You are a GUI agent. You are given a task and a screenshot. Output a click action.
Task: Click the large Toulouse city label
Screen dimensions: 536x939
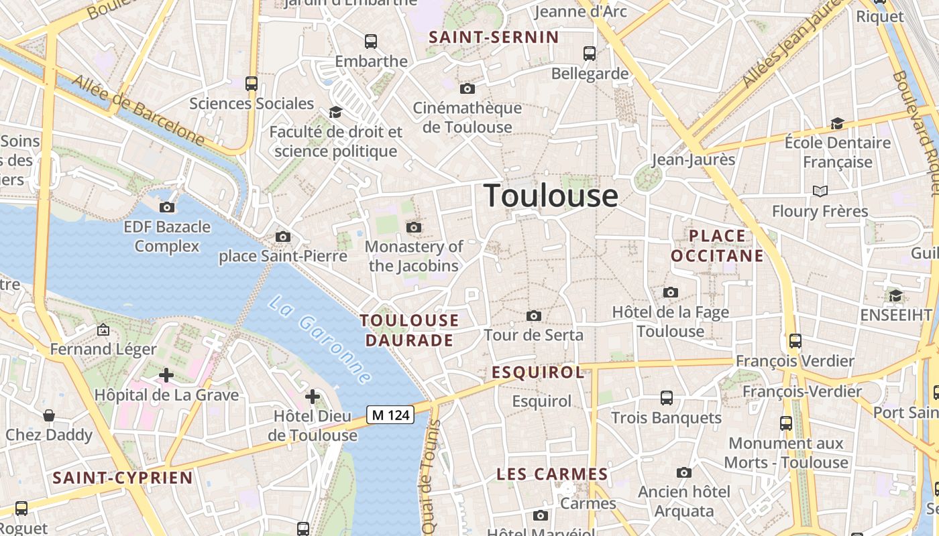point(551,196)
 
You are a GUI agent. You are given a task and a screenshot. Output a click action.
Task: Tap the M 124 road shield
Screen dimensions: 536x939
point(390,415)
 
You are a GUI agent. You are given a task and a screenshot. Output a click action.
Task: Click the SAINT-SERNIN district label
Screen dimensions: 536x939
point(494,37)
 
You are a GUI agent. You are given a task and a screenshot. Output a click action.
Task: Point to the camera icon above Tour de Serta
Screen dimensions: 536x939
point(534,316)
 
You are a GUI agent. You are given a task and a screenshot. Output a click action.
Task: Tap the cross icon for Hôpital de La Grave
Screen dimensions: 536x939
point(166,375)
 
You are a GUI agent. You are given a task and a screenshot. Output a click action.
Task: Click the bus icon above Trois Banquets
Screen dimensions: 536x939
point(667,398)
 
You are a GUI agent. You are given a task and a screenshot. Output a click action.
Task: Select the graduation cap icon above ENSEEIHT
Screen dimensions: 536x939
point(895,295)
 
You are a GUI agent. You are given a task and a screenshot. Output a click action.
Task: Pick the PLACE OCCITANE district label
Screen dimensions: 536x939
point(717,246)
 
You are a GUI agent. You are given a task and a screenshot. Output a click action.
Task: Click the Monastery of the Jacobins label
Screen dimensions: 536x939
point(414,256)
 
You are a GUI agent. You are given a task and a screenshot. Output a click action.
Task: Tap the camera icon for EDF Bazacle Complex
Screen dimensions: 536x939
point(167,208)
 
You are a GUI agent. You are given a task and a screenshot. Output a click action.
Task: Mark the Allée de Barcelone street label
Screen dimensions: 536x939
point(138,111)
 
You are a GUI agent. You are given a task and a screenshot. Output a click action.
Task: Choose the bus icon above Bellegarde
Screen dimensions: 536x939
point(590,54)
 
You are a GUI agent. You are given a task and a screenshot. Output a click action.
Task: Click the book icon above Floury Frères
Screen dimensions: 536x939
point(820,192)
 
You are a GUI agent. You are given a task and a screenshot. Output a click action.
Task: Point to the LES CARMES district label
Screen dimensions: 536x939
point(552,474)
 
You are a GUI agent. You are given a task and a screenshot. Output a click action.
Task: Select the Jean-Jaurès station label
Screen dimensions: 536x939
point(694,159)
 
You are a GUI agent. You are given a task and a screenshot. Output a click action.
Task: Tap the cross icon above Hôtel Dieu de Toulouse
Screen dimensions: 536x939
point(313,397)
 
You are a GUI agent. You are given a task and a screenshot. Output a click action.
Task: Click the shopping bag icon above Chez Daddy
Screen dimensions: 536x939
point(49,416)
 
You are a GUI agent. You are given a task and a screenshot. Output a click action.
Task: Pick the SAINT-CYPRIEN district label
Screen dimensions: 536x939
point(123,478)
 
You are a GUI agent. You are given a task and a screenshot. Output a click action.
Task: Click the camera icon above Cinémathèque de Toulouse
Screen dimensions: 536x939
point(467,88)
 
